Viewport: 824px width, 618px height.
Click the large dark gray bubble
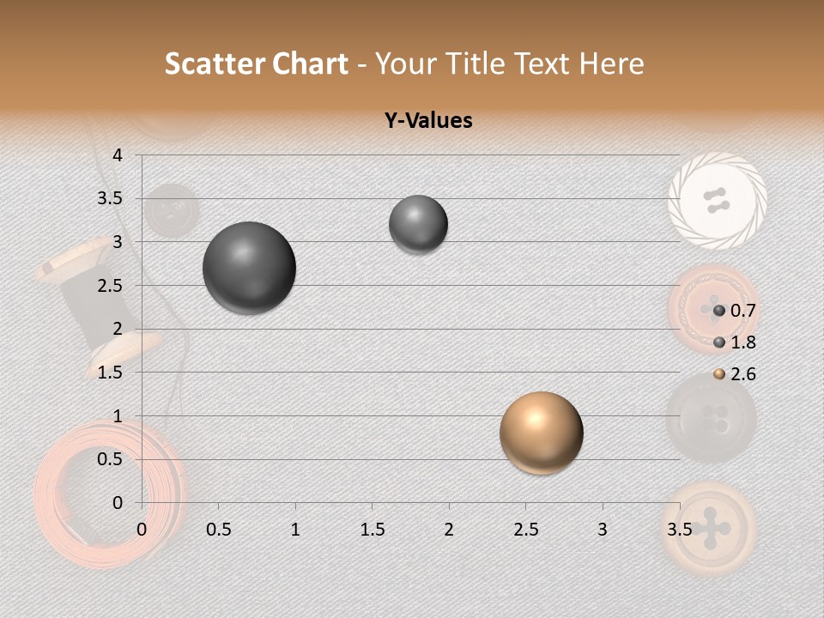point(250,268)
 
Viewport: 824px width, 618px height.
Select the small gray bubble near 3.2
point(418,224)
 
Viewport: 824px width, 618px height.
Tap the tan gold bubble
point(541,433)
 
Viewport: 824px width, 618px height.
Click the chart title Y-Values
point(428,121)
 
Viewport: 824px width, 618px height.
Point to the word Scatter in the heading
point(215,64)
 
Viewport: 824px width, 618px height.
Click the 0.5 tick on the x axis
point(219,530)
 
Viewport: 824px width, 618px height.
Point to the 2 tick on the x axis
point(449,530)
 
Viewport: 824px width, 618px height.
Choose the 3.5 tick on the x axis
point(679,530)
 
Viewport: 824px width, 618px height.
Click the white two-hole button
point(717,201)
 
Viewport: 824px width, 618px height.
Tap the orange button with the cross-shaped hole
point(712,529)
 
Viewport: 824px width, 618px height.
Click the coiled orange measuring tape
point(107,494)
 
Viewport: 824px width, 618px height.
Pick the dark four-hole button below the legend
point(712,419)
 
